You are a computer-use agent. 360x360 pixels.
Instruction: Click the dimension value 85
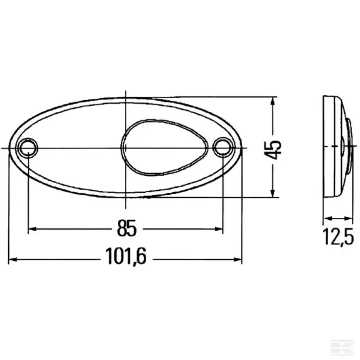(x=126, y=228)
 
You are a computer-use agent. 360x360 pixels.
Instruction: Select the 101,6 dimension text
(x=126, y=256)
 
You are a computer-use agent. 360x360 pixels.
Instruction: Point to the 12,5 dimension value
(x=338, y=237)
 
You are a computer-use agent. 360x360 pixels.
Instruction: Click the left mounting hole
(x=28, y=148)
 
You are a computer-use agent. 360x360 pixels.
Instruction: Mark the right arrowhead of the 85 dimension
(x=219, y=229)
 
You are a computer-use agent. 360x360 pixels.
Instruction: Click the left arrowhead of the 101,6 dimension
(x=13, y=260)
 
